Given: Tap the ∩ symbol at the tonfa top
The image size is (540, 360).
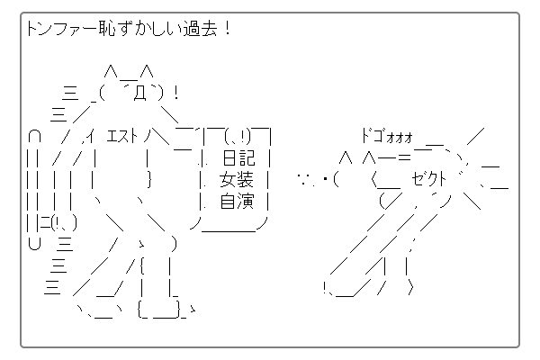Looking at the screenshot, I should pyautogui.click(x=33, y=137).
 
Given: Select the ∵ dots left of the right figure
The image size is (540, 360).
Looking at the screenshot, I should pyautogui.click(x=309, y=179).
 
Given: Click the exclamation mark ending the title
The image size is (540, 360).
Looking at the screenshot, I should pyautogui.click(x=227, y=30).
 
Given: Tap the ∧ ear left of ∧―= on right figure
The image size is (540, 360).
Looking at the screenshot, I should pyautogui.click(x=345, y=158).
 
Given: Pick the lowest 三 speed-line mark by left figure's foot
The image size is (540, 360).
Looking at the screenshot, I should pyautogui.click(x=51, y=286).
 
